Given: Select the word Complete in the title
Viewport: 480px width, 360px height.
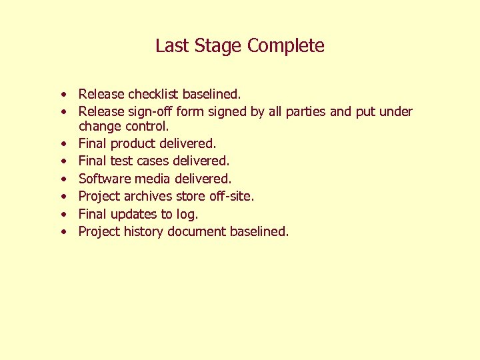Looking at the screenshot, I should coord(286,46).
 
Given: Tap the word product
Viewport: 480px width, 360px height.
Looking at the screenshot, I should coord(133,143).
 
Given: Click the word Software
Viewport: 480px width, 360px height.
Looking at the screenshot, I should coord(105,179).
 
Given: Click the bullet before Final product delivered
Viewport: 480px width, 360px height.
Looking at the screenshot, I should coord(61,144).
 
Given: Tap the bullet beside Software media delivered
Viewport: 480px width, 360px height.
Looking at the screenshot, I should coord(61,179).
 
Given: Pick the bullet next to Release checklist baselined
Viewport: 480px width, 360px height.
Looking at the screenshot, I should coord(61,95).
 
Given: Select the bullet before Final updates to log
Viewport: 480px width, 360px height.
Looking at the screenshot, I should coord(61,215).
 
